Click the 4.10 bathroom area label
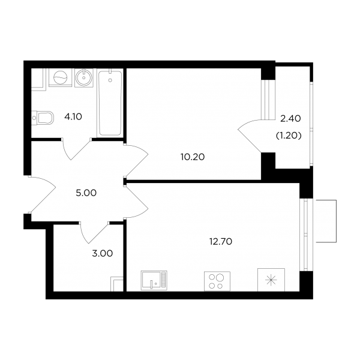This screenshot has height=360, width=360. click(x=73, y=117)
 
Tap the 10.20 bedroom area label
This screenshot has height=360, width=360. click(x=193, y=157)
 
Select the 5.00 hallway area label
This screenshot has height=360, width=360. click(x=86, y=193)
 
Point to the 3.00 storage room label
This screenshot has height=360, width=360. click(x=103, y=254)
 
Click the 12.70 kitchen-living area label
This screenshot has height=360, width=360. click(x=221, y=242)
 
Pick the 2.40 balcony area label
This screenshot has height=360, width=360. click(x=290, y=119)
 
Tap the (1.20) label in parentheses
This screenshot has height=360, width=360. click(x=289, y=136)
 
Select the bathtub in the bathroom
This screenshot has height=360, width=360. click(x=110, y=103)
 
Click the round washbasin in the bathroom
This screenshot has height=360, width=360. click(x=84, y=77)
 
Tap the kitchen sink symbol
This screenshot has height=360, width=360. click(x=154, y=280)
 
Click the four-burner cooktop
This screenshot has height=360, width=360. click(x=217, y=281)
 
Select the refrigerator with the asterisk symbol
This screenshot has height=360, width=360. click(x=271, y=280)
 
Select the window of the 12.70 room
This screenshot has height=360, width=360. click(x=306, y=235)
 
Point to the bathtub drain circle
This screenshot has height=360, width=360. click(x=110, y=80)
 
